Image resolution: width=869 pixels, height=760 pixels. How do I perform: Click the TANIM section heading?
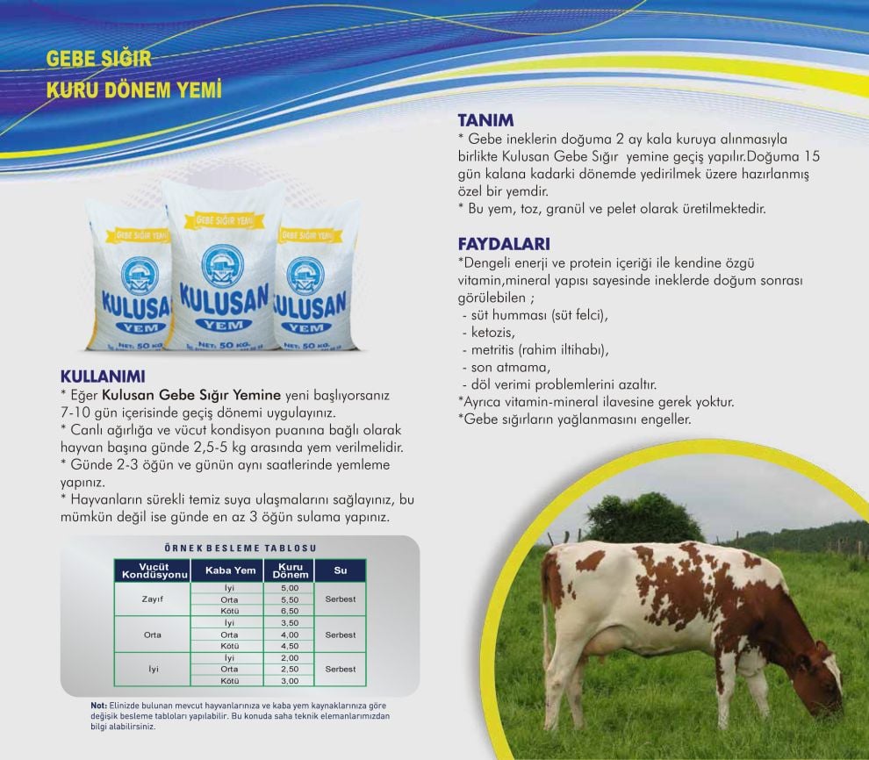(x=485, y=120)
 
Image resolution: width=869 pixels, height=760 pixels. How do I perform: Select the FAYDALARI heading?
(x=504, y=244)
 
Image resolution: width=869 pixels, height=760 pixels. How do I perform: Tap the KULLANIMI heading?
(x=103, y=376)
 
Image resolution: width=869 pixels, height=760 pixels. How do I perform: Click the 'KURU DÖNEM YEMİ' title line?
(x=134, y=90)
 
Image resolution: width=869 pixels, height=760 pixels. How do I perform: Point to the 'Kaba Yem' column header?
(x=230, y=570)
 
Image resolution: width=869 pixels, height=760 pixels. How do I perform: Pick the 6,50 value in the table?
(x=290, y=611)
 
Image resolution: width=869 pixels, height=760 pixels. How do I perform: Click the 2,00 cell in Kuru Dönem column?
(x=290, y=658)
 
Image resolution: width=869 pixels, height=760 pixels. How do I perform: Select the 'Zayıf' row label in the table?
(x=153, y=599)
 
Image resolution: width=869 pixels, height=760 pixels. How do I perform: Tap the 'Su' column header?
(x=341, y=570)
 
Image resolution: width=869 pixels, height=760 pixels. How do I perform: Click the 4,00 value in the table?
(x=290, y=635)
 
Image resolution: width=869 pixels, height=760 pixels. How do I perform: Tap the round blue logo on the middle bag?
(x=223, y=266)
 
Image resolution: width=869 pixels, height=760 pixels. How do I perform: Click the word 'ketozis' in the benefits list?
(x=492, y=333)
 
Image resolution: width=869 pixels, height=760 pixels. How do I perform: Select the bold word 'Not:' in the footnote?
(x=98, y=706)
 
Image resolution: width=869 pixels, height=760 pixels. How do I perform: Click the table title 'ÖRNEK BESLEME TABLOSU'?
(x=241, y=548)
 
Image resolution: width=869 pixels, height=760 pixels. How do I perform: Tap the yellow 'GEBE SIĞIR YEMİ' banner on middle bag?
(x=225, y=221)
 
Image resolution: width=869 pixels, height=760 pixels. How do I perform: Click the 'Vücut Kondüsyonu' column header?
(x=153, y=570)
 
